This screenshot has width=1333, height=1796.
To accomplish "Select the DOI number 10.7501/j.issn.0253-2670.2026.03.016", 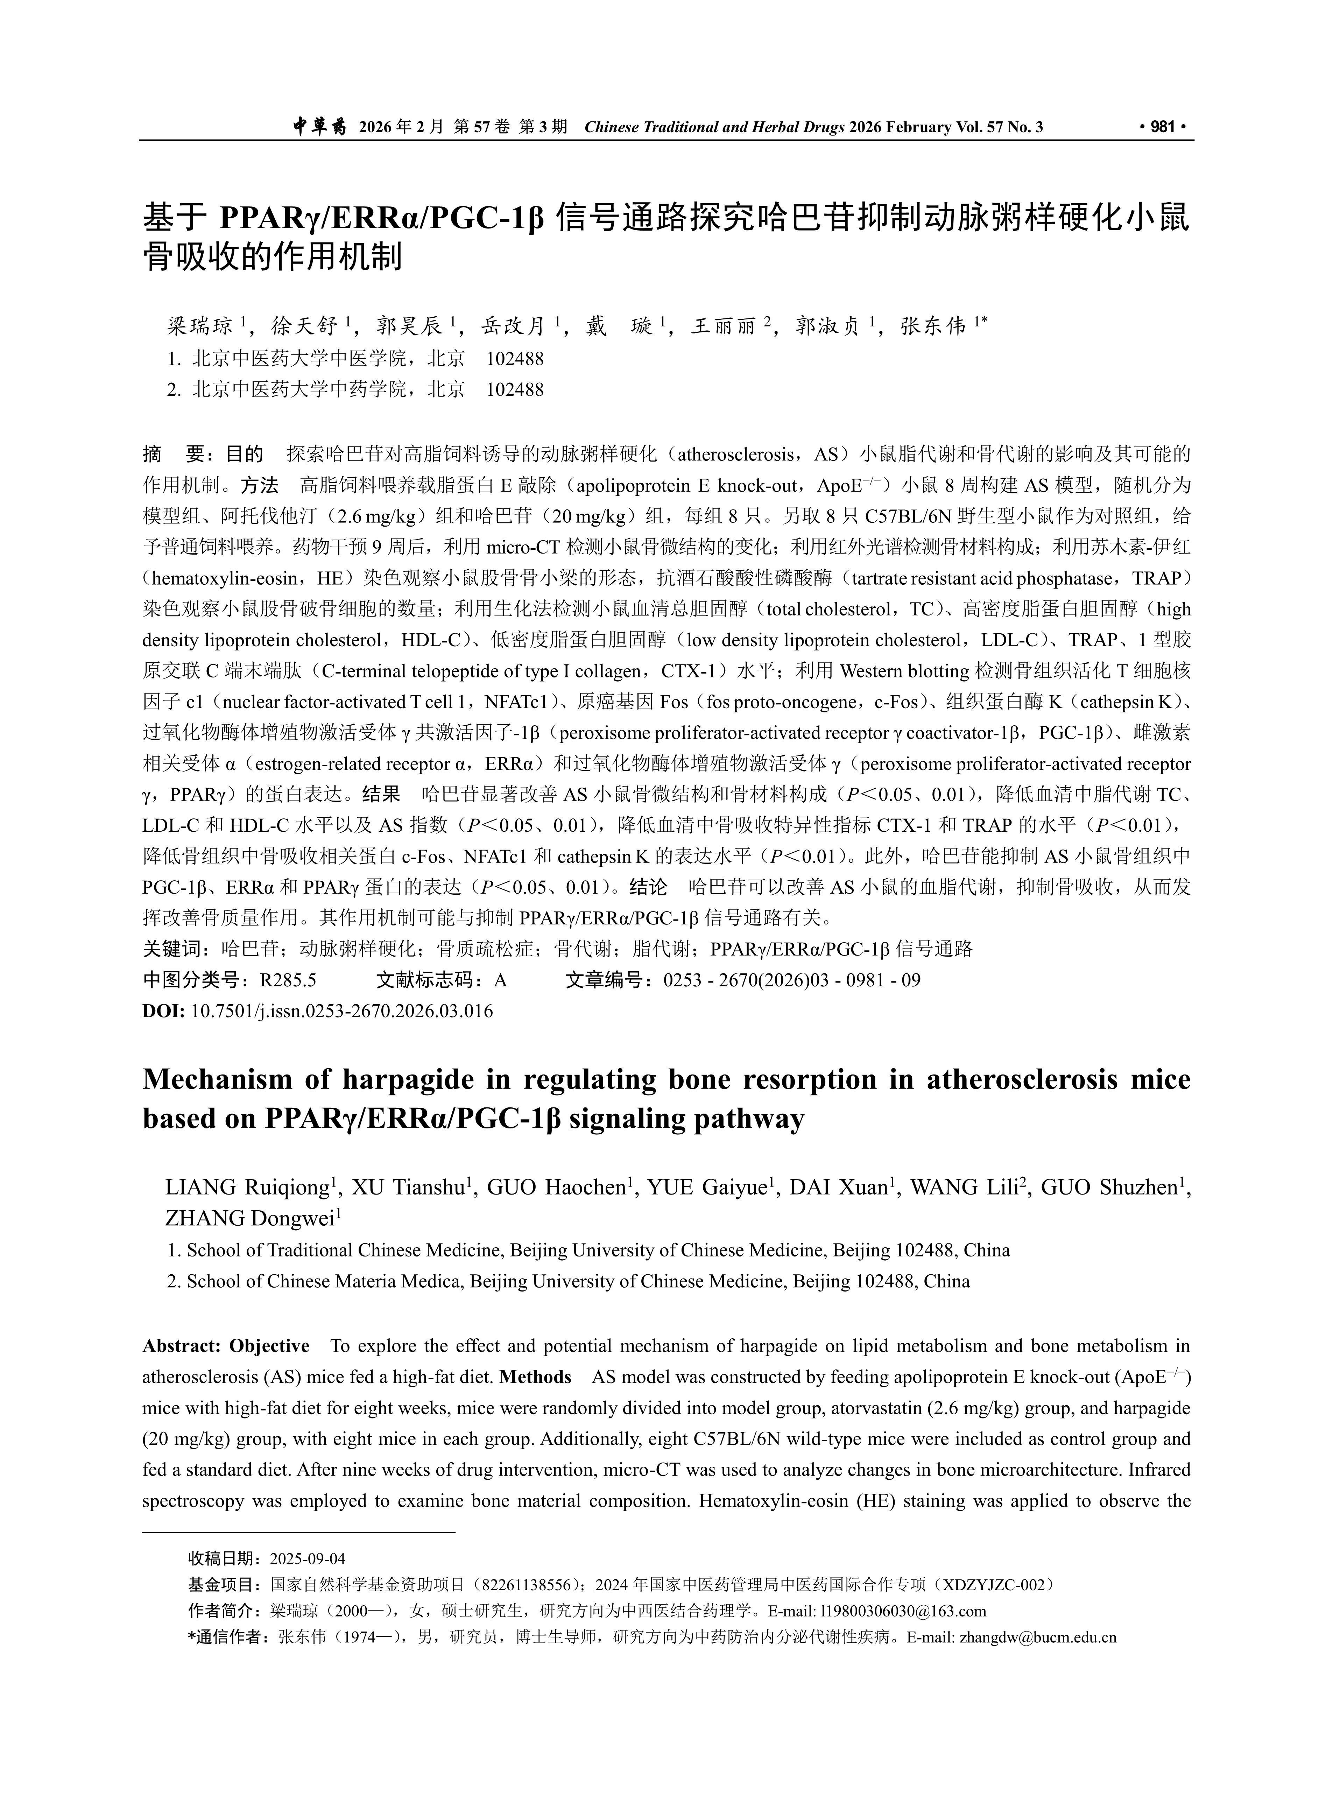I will [341, 1011].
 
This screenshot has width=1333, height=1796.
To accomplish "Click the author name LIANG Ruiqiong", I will [248, 1188].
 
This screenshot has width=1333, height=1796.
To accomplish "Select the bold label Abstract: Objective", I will [226, 1346].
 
